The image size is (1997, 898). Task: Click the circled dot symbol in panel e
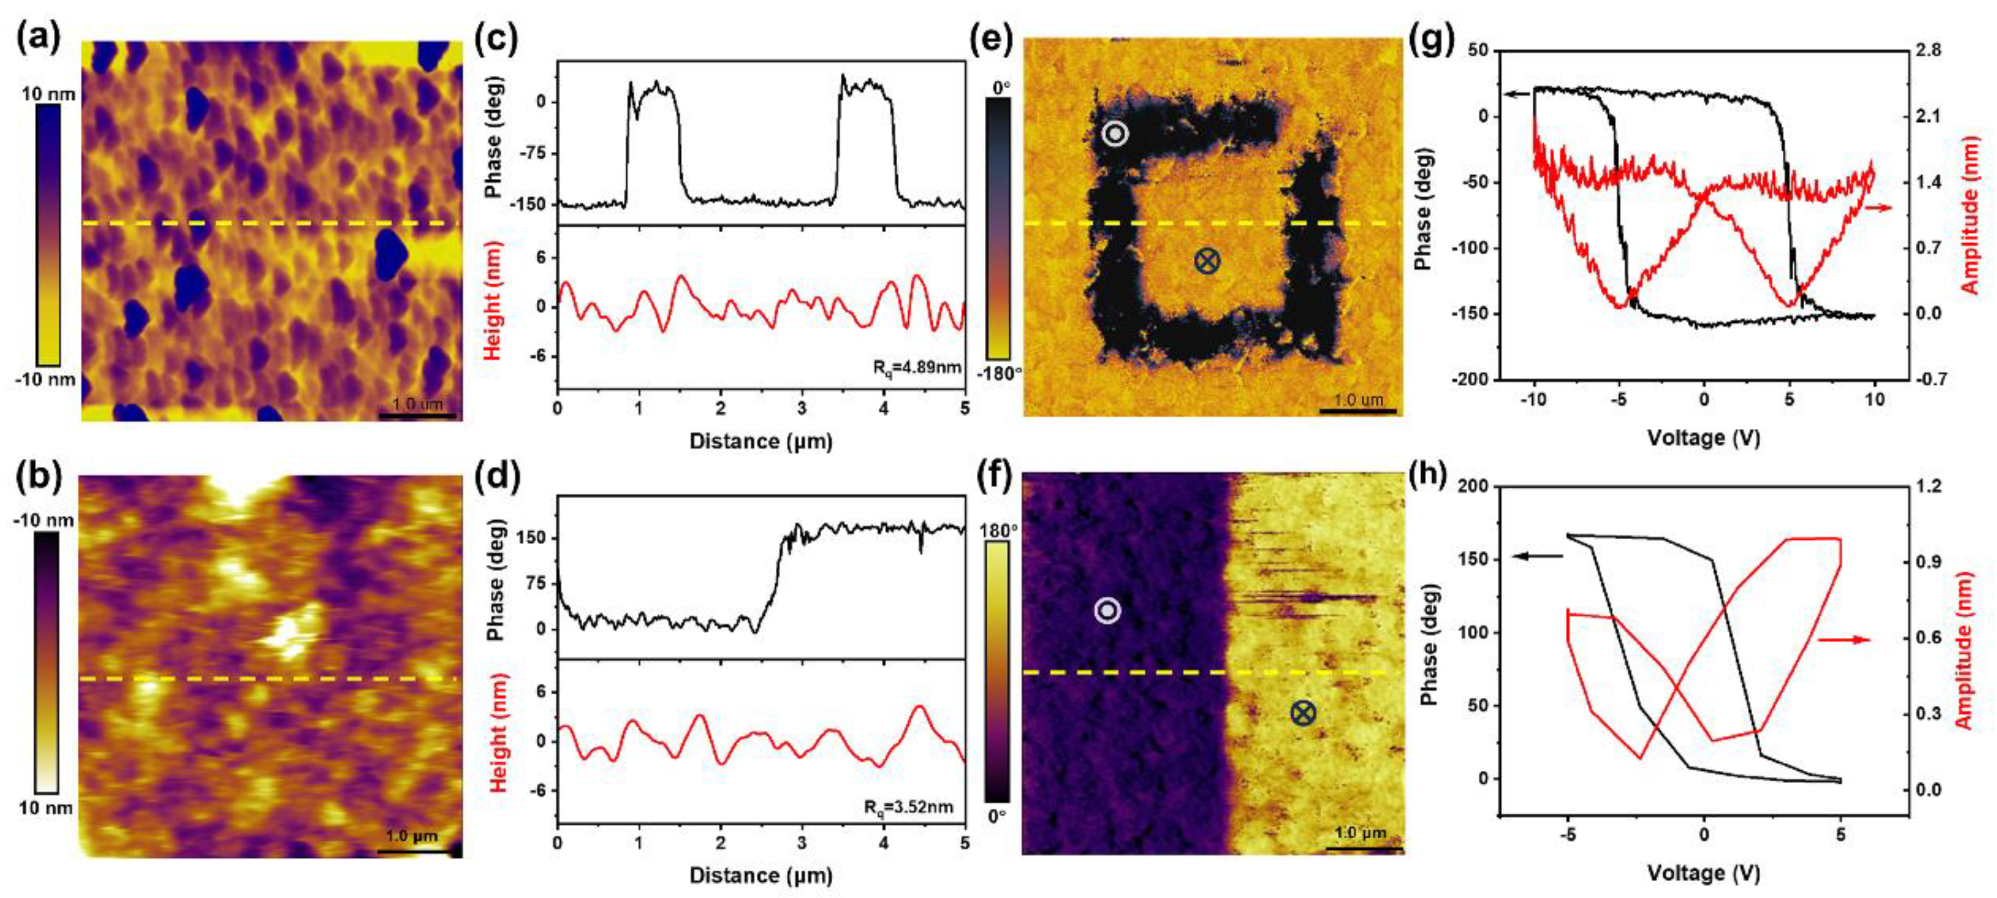[x=1115, y=134]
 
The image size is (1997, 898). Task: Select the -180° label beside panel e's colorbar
[x=998, y=374]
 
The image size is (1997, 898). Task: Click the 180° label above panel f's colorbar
[x=998, y=531]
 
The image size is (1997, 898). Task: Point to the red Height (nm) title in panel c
[x=492, y=300]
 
